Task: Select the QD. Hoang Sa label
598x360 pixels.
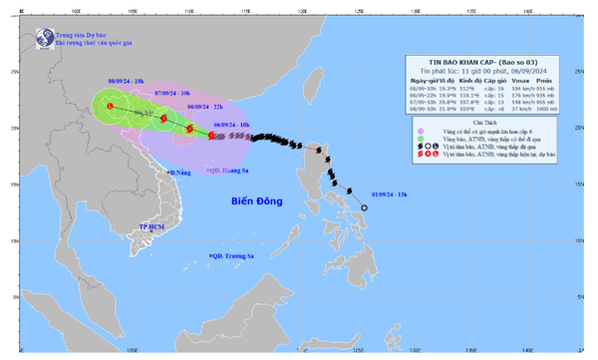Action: click(227, 172)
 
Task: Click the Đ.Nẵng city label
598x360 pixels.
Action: click(178, 173)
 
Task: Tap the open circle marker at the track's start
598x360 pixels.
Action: click(365, 207)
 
